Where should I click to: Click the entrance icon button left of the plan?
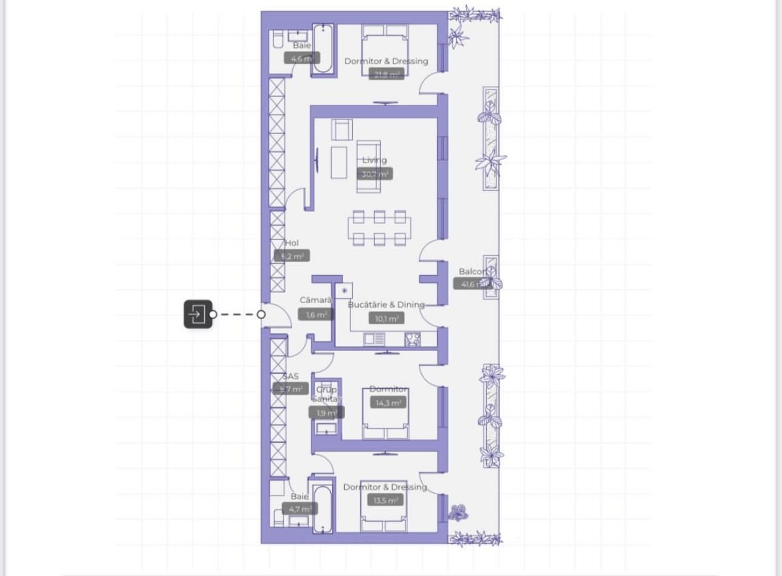(x=198, y=314)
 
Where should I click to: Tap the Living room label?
(x=374, y=160)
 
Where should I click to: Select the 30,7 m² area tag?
(x=374, y=174)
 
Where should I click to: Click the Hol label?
(x=292, y=243)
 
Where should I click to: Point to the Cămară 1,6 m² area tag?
(x=316, y=315)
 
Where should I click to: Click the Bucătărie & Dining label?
(x=386, y=304)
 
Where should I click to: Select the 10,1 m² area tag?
(x=386, y=318)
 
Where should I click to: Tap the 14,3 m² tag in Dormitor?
(x=388, y=403)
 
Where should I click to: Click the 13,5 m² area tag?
(x=386, y=501)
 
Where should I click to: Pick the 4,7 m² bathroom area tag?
(x=299, y=509)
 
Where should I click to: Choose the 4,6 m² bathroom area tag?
(x=301, y=59)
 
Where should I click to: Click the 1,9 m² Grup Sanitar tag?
(x=326, y=413)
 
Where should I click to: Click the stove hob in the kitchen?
(x=412, y=339)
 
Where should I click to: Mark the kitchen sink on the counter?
(x=373, y=340)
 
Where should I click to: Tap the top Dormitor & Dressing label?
(x=386, y=61)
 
